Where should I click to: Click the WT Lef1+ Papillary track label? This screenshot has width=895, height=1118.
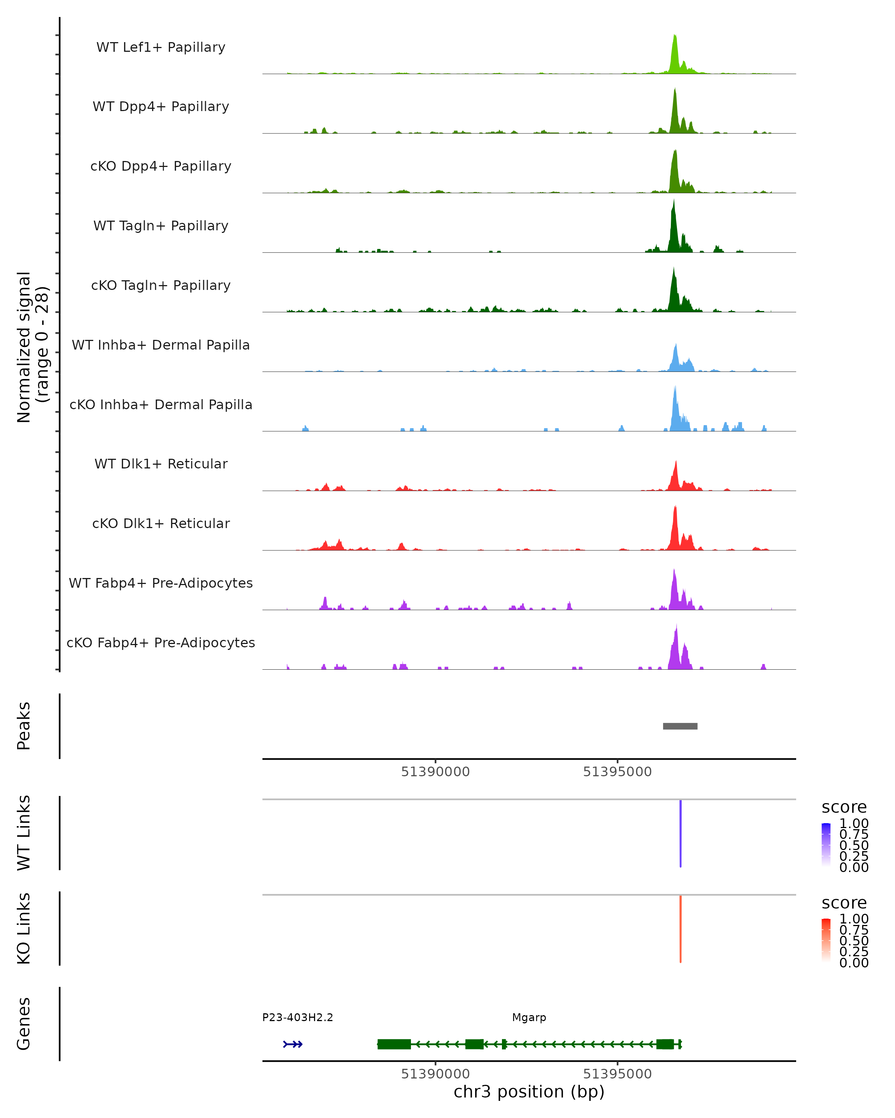161,47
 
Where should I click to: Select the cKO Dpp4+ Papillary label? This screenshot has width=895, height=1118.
161,166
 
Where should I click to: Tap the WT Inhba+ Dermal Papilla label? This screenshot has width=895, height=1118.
161,345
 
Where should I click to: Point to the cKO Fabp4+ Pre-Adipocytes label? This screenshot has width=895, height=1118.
161,642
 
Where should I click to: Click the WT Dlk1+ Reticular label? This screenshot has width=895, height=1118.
161,464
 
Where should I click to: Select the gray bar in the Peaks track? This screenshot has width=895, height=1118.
680,726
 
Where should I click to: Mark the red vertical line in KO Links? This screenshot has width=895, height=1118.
680,929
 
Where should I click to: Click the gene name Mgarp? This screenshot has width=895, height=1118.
529,1017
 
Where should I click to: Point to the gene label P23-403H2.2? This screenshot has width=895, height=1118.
297,1017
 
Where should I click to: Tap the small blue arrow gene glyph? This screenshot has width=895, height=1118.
293,1044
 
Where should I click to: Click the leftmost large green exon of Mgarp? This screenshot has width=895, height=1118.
394,1044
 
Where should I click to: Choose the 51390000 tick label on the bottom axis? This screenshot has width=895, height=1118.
435,1074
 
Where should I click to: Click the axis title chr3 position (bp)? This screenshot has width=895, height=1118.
529,1092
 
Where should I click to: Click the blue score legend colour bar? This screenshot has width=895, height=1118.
826,844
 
